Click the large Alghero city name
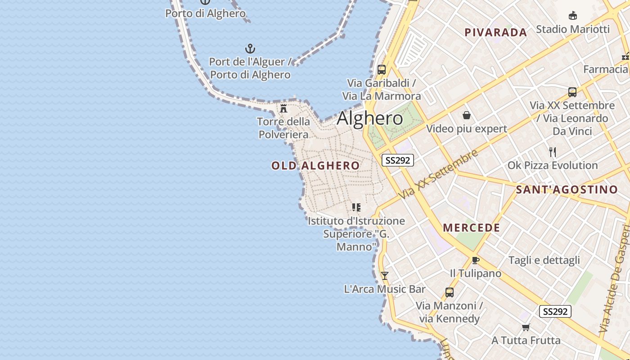pos(370,118)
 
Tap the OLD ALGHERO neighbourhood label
pos(315,166)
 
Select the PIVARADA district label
pos(495,32)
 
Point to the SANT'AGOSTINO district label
pos(567,189)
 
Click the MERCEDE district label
pos(472,228)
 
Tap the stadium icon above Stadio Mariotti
pos(572,16)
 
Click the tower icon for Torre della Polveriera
pos(283,108)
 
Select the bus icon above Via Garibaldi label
pos(382,70)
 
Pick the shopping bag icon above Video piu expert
pos(467,116)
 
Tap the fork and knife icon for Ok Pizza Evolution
pos(553,152)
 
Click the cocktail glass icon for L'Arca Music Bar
pos(384,276)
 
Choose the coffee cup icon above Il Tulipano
pos(476,260)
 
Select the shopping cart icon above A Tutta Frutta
pos(526,327)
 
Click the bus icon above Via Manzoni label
pos(449,292)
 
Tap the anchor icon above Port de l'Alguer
pos(250,49)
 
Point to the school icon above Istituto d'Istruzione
pos(356,207)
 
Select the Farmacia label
pos(605,69)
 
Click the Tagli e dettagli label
pos(544,260)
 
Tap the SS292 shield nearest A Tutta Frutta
pos(555,311)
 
